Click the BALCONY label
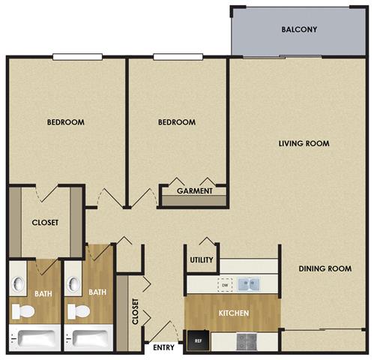pyautogui.click(x=299, y=30)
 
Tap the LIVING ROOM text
pyautogui.click(x=304, y=143)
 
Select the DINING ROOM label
pyautogui.click(x=325, y=268)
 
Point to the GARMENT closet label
pyautogui.click(x=193, y=190)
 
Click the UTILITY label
pyautogui.click(x=202, y=260)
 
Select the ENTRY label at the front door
pyautogui.click(x=163, y=347)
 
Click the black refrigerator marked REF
pyautogui.click(x=198, y=341)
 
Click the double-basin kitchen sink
pyautogui.click(x=250, y=284)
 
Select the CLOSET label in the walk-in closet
pyautogui.click(x=45, y=223)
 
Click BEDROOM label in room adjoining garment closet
pyautogui.click(x=177, y=122)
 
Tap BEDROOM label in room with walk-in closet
pyautogui.click(x=65, y=122)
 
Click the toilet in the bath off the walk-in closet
pyautogui.click(x=23, y=310)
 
